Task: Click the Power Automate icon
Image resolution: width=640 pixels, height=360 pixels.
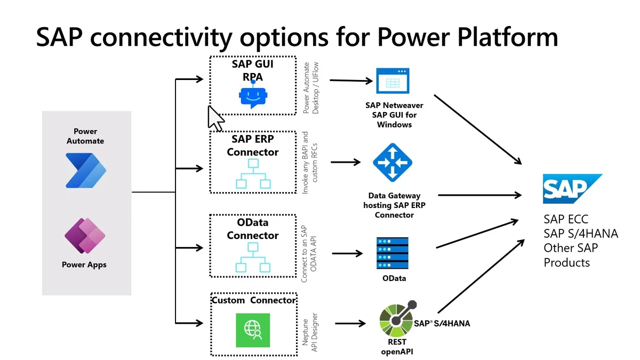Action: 86,170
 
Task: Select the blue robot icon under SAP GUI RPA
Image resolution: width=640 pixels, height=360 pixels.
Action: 252,95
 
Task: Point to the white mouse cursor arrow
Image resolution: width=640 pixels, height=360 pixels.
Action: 215,118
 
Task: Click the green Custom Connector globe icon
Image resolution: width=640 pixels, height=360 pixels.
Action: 253,330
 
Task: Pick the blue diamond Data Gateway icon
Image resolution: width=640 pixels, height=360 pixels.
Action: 392,163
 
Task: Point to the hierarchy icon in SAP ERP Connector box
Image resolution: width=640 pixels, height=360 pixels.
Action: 253,176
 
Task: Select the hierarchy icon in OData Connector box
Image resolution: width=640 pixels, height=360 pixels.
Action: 253,259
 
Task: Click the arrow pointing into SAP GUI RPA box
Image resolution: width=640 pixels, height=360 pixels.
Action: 190,81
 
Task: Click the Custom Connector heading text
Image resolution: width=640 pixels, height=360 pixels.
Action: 253,300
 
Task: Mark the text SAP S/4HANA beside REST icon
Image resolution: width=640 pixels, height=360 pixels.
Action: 442,323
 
